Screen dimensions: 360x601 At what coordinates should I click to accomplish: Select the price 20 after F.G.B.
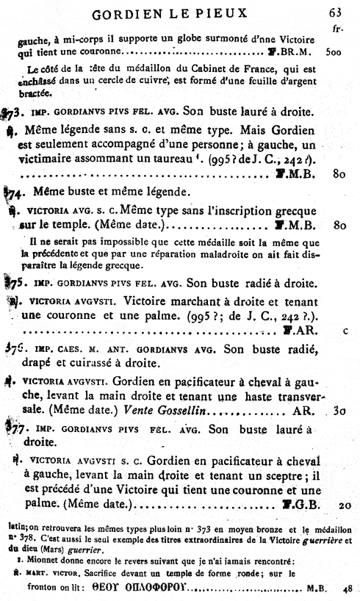click(x=345, y=505)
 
